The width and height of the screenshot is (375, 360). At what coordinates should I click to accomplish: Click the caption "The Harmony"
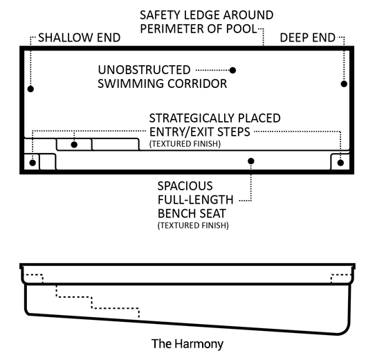[x=187, y=344]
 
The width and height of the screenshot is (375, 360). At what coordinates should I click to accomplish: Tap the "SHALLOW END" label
[x=79, y=38]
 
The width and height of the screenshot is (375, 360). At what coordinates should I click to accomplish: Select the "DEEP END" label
[x=308, y=38]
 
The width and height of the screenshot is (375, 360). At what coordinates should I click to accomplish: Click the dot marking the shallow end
[x=30, y=89]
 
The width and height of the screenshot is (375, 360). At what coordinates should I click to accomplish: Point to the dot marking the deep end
[x=344, y=84]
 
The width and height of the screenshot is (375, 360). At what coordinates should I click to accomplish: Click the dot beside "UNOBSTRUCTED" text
[x=232, y=70]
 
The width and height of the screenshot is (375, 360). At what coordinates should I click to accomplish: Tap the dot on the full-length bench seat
[x=251, y=161]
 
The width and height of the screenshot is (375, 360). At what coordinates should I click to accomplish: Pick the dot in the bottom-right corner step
[x=340, y=163]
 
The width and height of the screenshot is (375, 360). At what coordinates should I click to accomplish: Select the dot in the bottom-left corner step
[x=33, y=163]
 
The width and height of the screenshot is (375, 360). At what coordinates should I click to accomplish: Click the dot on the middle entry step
[x=74, y=145]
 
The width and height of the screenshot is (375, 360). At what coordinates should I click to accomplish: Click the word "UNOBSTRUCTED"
[x=144, y=70]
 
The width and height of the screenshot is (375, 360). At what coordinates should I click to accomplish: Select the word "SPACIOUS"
[x=185, y=186]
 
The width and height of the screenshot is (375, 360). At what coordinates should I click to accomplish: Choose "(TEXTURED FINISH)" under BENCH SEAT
[x=193, y=226]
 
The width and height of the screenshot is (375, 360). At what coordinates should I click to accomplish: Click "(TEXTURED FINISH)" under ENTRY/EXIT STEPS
[x=185, y=144]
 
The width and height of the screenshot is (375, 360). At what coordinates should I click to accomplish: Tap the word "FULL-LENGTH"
[x=196, y=200]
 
